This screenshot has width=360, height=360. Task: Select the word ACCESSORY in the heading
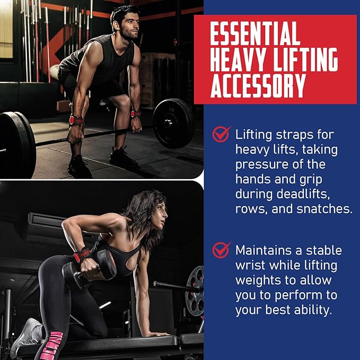tap(258, 85)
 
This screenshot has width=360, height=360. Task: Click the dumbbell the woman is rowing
tap(90, 267)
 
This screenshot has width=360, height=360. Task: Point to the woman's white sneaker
tap(24, 337)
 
